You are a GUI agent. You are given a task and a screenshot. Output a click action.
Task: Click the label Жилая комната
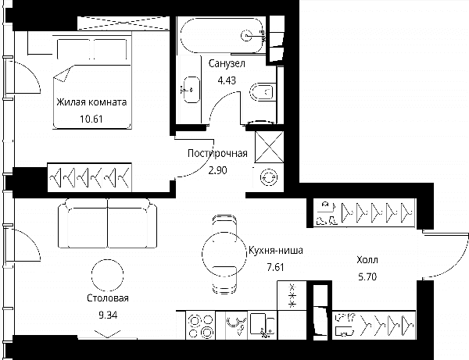coord(91,102)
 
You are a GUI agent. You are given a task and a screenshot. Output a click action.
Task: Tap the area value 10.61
coord(91,119)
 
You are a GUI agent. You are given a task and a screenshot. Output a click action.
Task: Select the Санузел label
coord(227,63)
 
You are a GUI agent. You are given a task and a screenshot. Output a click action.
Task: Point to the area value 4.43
coord(227,80)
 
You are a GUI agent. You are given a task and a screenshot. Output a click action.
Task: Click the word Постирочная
coord(217,153)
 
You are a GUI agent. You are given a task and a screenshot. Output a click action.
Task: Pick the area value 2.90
coord(217,170)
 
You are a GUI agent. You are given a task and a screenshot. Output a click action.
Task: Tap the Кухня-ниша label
coord(275,250)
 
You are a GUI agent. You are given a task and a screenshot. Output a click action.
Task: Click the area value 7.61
coord(275,267)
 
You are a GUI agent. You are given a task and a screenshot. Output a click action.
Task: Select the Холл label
coord(367,260)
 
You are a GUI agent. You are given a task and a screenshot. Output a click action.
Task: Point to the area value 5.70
coord(367,276)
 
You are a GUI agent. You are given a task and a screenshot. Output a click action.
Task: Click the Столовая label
coord(108,298)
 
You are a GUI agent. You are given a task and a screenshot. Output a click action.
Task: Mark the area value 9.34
coord(108,315)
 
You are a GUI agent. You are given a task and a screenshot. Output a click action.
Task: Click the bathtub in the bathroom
coord(223,35)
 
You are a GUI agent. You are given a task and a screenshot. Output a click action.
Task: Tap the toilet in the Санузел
coord(263,91)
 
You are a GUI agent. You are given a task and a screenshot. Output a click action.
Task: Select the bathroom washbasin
coord(192,90)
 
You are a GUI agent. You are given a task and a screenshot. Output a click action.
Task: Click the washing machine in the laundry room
coord(269,177)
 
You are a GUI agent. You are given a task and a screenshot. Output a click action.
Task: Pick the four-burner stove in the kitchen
coord(200,325)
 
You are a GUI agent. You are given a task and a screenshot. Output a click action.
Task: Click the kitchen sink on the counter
coord(263,325)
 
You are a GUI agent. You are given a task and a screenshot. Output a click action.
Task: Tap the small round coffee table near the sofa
coord(108,275)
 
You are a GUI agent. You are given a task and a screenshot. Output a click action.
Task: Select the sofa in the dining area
coord(107,223)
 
